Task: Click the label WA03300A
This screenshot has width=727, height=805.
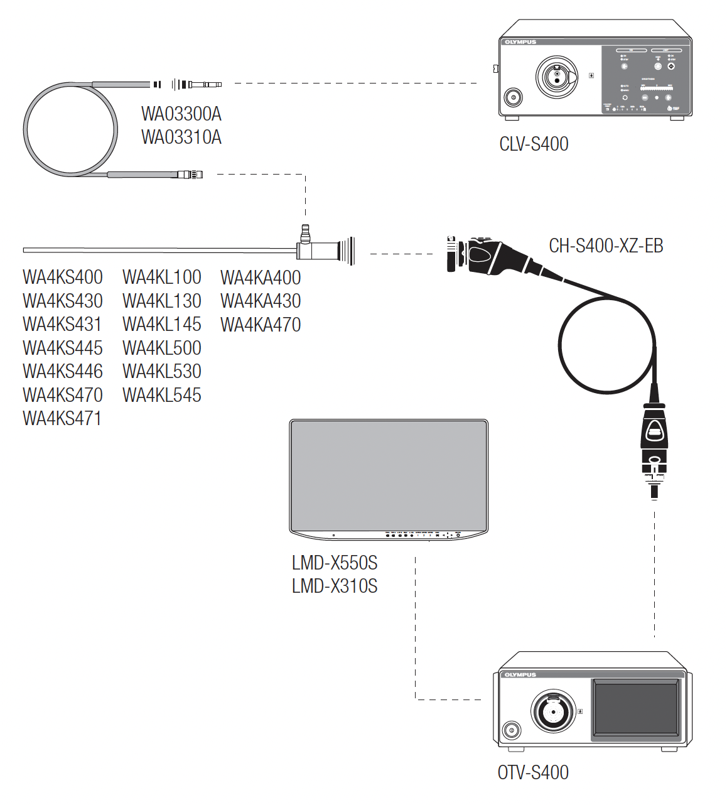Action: (x=181, y=114)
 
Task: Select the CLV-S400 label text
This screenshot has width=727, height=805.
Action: (x=534, y=144)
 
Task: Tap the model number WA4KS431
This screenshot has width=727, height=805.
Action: (x=62, y=324)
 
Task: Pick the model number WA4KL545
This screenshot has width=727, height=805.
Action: (x=162, y=395)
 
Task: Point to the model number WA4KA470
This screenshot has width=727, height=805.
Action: (x=261, y=325)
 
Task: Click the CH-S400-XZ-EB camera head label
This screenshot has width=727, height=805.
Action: (x=606, y=246)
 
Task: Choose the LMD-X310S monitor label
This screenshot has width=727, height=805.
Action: (x=335, y=586)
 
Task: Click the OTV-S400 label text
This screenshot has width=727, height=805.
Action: (x=533, y=772)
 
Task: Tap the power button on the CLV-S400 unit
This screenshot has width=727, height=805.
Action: (x=513, y=97)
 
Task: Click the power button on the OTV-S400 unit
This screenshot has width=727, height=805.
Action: (x=511, y=730)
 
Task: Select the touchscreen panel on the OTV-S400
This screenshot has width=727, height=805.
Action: (x=637, y=708)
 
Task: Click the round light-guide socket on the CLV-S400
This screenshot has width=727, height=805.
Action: (x=556, y=77)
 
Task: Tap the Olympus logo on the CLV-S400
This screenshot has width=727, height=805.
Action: (x=520, y=42)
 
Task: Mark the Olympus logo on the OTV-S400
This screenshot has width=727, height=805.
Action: (x=520, y=675)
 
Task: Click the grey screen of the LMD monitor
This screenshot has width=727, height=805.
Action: (x=388, y=475)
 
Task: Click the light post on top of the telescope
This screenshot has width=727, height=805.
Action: (x=306, y=233)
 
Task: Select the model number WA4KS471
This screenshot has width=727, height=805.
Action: (x=62, y=418)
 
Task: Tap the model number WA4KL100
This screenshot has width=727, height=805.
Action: (x=162, y=277)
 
